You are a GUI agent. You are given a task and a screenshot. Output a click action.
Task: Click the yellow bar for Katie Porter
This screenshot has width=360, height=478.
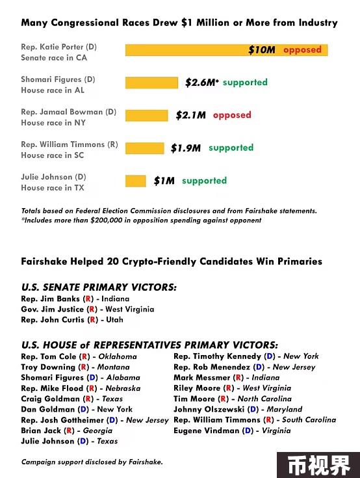[x=226, y=50]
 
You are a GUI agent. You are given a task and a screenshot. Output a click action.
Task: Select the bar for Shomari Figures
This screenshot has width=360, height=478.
[x=151, y=83]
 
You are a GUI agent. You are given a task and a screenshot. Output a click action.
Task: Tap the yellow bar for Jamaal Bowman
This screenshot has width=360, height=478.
[x=146, y=116]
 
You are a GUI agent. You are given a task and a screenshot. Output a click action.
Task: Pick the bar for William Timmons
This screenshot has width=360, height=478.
[x=145, y=148]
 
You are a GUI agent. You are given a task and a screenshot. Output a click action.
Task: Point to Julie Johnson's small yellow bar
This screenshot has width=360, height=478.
[x=136, y=181]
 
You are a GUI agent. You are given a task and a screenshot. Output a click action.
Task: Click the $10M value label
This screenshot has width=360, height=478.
[x=262, y=49]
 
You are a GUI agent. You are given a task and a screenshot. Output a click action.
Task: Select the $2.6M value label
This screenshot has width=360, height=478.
[x=201, y=83]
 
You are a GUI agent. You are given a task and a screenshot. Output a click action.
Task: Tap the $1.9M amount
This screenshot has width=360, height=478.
[x=186, y=148]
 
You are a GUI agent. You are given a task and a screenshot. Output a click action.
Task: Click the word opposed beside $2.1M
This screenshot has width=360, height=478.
[x=232, y=115]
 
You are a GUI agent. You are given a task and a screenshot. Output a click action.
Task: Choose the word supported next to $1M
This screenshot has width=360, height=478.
[x=204, y=181]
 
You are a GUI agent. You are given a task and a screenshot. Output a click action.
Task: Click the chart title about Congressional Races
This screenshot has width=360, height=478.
[x=179, y=23]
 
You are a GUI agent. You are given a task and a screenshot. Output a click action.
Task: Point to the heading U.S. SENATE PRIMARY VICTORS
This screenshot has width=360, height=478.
[x=99, y=287]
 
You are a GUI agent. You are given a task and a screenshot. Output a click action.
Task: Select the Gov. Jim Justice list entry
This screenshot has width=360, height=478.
[x=88, y=310]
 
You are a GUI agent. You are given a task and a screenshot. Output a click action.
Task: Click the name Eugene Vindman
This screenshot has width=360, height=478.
[x=206, y=431]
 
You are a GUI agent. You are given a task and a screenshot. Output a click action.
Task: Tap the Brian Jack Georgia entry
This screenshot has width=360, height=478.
[x=67, y=431]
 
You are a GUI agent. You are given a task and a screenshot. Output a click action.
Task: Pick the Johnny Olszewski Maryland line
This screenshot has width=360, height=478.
[x=238, y=410]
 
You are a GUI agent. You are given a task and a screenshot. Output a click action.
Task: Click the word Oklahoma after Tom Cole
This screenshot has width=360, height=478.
[x=118, y=356]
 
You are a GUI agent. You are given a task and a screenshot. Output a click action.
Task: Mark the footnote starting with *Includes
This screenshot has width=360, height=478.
[x=141, y=220]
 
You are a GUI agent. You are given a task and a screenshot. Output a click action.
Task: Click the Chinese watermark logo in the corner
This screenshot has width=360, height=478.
[x=318, y=465]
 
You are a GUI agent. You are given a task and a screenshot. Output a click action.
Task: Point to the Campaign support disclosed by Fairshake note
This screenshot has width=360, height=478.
[x=92, y=462]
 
